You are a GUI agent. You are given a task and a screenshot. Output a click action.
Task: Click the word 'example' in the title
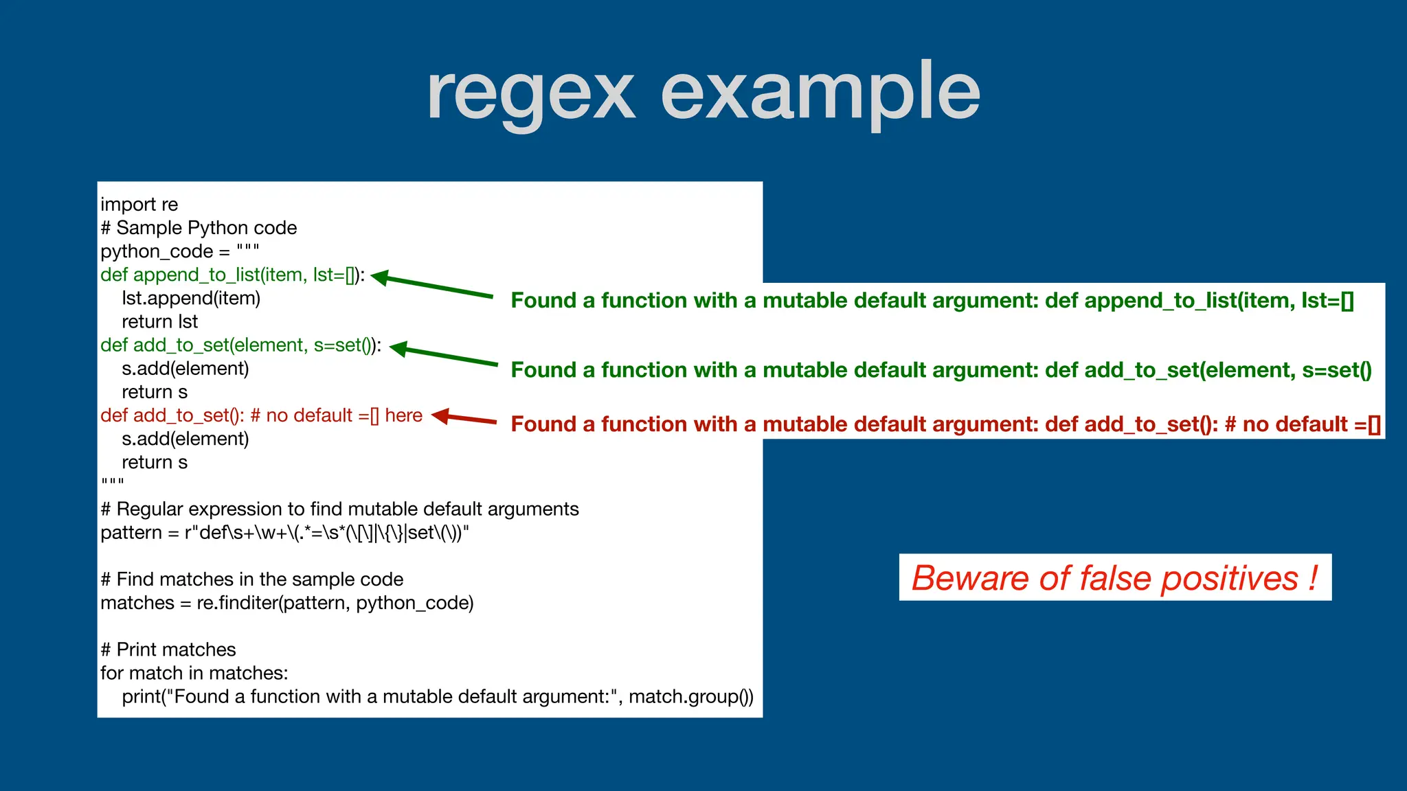[x=820, y=93]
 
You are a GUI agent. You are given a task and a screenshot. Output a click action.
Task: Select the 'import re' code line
[x=139, y=205]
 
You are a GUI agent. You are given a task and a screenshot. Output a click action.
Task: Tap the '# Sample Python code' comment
[x=199, y=228]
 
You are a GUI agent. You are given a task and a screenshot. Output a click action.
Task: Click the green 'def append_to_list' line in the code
[x=232, y=275]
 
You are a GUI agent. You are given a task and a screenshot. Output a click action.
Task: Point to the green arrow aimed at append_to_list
[x=433, y=286]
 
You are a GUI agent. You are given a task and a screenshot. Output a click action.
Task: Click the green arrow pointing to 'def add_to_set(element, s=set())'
[x=444, y=355]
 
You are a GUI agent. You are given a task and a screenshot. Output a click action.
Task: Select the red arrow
[x=464, y=418]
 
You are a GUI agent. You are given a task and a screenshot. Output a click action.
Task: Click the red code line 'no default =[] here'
[x=261, y=415]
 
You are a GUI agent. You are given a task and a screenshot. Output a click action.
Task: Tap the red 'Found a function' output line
[x=945, y=424]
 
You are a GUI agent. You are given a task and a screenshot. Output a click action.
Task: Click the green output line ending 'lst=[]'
[x=932, y=300]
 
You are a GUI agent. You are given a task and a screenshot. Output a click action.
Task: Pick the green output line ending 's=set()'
[x=941, y=370]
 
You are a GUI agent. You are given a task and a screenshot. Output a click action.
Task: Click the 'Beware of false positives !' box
[x=1114, y=577]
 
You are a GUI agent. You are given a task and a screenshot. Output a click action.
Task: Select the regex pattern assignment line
[x=284, y=533]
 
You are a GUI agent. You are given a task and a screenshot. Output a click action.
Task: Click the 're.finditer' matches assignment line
[x=286, y=603]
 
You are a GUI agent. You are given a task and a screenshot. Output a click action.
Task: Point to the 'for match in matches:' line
[x=194, y=673]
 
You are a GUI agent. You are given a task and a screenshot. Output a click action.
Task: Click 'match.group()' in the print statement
[x=690, y=696]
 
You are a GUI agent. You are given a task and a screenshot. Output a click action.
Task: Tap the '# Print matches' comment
[x=168, y=650]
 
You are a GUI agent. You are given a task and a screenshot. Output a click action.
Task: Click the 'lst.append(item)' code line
[x=191, y=298]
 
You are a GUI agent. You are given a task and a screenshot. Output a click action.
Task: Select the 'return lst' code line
[x=159, y=321]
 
